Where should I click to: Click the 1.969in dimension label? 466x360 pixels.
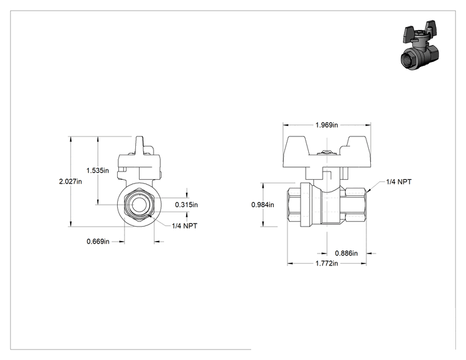(x=326, y=125)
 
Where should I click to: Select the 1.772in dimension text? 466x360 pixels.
(x=326, y=263)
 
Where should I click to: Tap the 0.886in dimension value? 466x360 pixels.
(x=346, y=254)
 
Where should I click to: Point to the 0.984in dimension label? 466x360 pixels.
(x=262, y=205)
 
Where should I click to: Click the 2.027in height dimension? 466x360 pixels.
(x=70, y=181)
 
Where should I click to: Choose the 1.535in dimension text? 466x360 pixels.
(x=98, y=170)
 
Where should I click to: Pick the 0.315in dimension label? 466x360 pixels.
(x=187, y=205)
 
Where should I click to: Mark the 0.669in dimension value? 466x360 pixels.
(x=98, y=242)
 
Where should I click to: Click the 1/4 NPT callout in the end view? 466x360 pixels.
(x=185, y=226)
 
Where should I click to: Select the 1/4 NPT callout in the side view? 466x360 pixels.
(x=399, y=182)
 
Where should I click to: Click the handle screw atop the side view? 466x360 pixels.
(x=326, y=153)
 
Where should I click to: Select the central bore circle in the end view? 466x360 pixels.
(x=139, y=205)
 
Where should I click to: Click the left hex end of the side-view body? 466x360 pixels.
(x=294, y=205)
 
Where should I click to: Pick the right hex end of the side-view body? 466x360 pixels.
(x=356, y=205)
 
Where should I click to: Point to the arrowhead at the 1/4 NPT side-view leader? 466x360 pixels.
(x=368, y=190)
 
